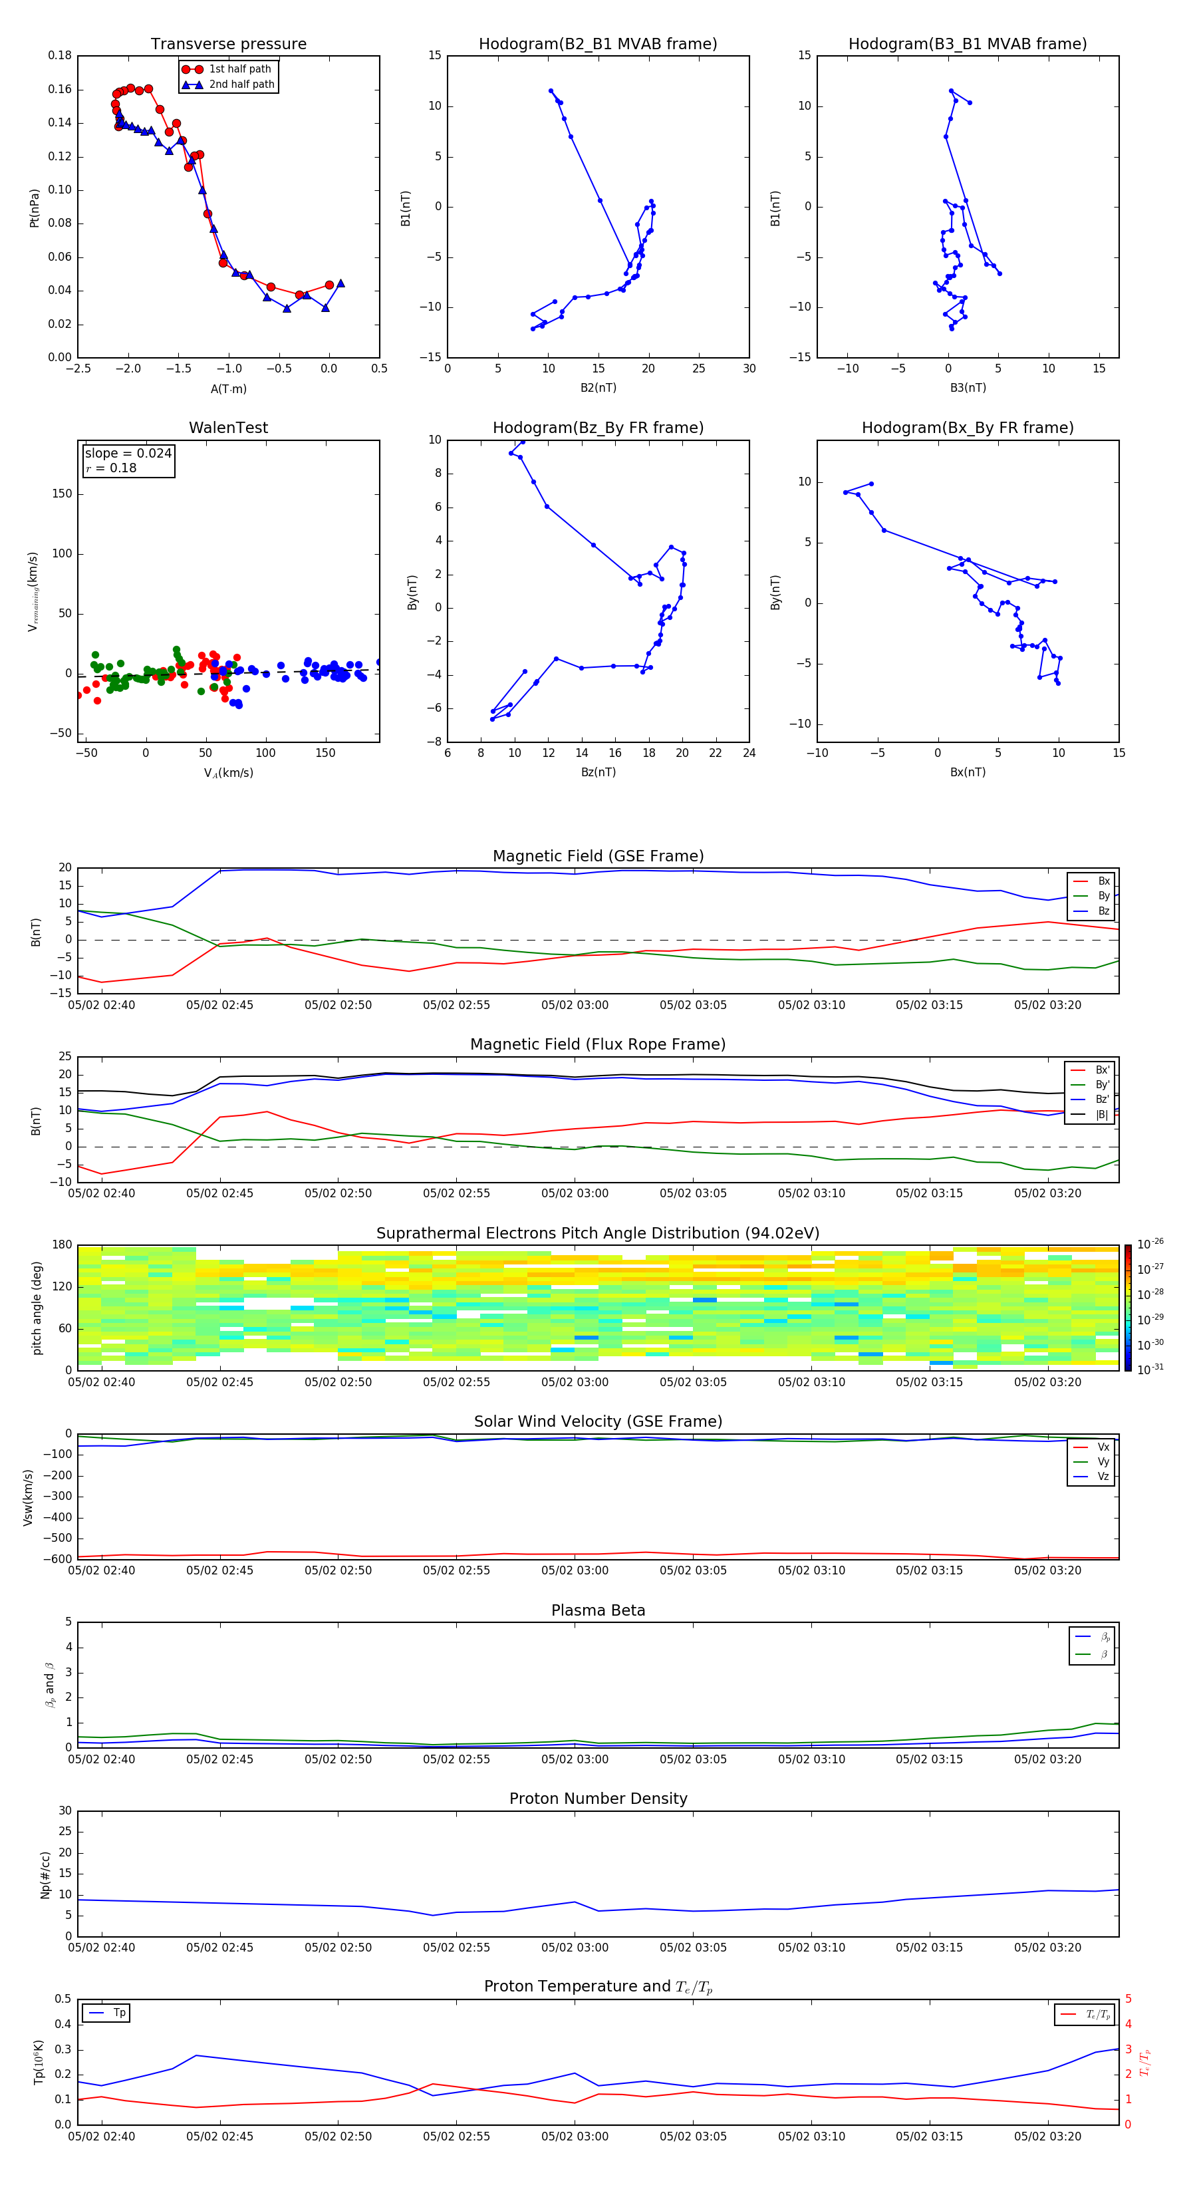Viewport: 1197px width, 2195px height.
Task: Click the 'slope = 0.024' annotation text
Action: point(128,454)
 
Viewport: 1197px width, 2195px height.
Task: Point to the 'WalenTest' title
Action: point(228,428)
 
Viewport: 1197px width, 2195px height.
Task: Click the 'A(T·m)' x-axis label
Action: point(228,389)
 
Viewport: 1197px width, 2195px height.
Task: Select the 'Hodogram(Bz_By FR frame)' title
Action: point(598,428)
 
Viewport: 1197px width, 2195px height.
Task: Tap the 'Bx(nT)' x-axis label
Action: point(967,772)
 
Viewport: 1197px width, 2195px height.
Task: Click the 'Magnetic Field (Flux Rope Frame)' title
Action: point(598,1045)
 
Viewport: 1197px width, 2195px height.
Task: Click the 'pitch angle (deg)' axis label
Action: point(37,1308)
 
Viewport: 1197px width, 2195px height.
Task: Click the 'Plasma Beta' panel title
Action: point(598,1610)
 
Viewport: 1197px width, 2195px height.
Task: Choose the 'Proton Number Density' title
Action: point(598,1799)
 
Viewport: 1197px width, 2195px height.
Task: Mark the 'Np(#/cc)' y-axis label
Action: point(45,1874)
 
